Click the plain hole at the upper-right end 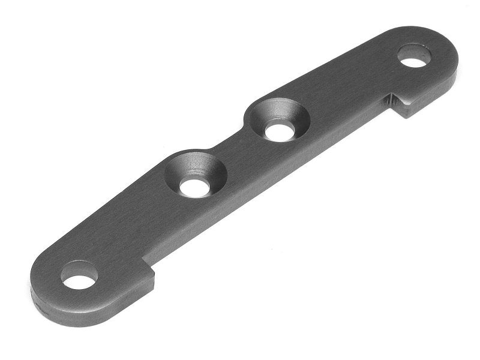pyautogui.click(x=415, y=56)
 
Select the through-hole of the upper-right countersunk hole pyautogui.click(x=278, y=131)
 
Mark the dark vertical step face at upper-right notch pyautogui.click(x=398, y=106)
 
